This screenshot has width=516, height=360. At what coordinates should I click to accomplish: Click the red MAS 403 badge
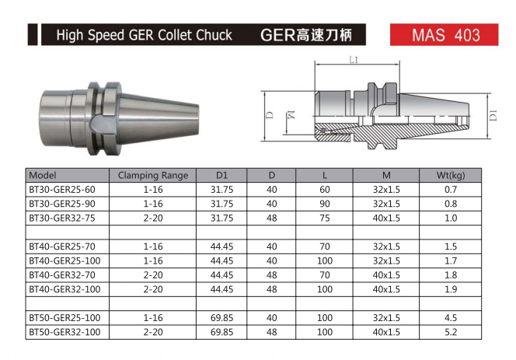[444, 34]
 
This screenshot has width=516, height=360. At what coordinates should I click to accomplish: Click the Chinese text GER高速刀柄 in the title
[306, 35]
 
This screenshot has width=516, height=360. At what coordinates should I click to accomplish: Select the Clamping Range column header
[153, 175]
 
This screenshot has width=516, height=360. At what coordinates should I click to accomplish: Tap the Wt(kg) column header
[451, 175]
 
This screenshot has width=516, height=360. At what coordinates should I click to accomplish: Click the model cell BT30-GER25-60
[62, 190]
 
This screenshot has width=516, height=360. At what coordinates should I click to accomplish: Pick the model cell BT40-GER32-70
[62, 275]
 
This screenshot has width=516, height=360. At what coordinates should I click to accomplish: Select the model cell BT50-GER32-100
[64, 332]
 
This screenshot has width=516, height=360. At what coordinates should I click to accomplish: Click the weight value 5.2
[451, 332]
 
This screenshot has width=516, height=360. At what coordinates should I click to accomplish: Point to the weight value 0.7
[451, 190]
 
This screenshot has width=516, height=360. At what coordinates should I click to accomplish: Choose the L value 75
[325, 218]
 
